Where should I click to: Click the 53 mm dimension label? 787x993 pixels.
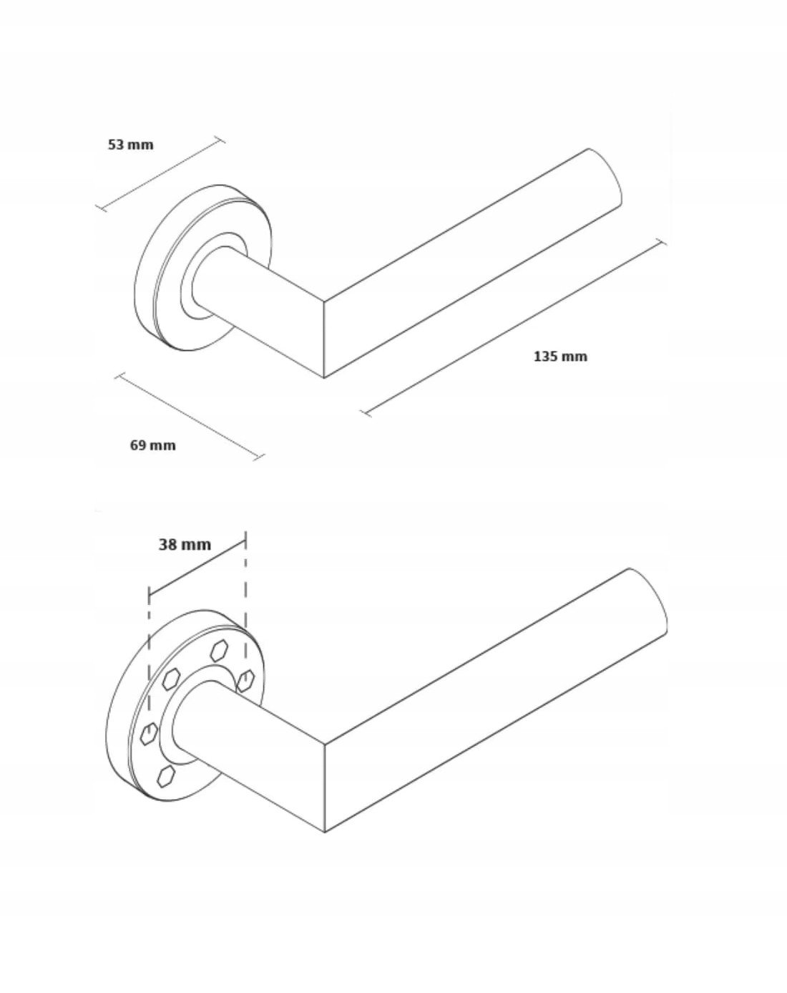130,145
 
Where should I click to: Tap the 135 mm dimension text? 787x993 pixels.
560,357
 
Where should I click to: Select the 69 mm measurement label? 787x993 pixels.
152,445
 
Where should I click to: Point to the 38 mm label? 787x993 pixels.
185,545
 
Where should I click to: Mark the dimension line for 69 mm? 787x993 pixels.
190,416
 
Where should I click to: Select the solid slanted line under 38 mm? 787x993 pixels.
197,567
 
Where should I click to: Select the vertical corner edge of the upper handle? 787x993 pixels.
324,340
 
